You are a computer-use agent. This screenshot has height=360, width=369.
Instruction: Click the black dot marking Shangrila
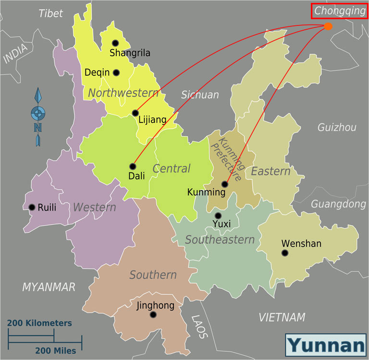pyautogui.click(x=115, y=43)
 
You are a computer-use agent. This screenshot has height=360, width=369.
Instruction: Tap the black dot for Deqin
pyautogui.click(x=116, y=73)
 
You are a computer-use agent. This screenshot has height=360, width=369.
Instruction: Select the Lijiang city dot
pyautogui.click(x=135, y=113)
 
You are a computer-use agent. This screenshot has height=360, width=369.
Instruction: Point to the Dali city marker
pyautogui.click(x=133, y=167)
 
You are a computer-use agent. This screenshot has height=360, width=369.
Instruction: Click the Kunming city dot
pyautogui.click(x=224, y=184)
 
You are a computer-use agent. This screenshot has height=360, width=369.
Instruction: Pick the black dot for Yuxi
pyautogui.click(x=218, y=216)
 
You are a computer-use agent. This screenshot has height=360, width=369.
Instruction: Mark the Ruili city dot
pyautogui.click(x=32, y=207)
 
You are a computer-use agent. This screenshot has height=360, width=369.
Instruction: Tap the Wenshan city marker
pyautogui.click(x=285, y=253)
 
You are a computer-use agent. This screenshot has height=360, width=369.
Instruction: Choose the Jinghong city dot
pyautogui.click(x=153, y=315)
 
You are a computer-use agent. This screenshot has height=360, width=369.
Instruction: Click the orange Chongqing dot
pyautogui.click(x=328, y=26)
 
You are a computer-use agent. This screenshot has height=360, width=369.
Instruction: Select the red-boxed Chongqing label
pyautogui.click(x=339, y=11)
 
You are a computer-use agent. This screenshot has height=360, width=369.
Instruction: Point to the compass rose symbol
pyautogui.click(x=38, y=114)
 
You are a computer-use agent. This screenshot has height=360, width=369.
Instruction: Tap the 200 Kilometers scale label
pyautogui.click(x=40, y=323)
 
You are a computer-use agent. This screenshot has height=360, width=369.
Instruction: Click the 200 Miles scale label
pyautogui.click(x=56, y=351)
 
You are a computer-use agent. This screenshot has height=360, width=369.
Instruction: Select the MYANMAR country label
pyautogui.click(x=49, y=287)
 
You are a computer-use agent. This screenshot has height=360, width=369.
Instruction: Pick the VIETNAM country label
pyautogui.click(x=282, y=317)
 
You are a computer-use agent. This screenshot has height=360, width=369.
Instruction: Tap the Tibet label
pyautogui.click(x=51, y=13)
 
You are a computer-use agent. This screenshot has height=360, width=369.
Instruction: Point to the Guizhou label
pyautogui.click(x=337, y=127)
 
